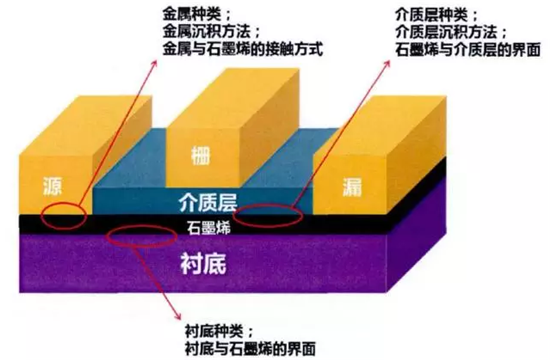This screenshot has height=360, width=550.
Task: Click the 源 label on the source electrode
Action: (x=52, y=186)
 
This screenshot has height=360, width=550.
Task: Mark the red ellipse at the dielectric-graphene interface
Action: (x=268, y=214)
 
